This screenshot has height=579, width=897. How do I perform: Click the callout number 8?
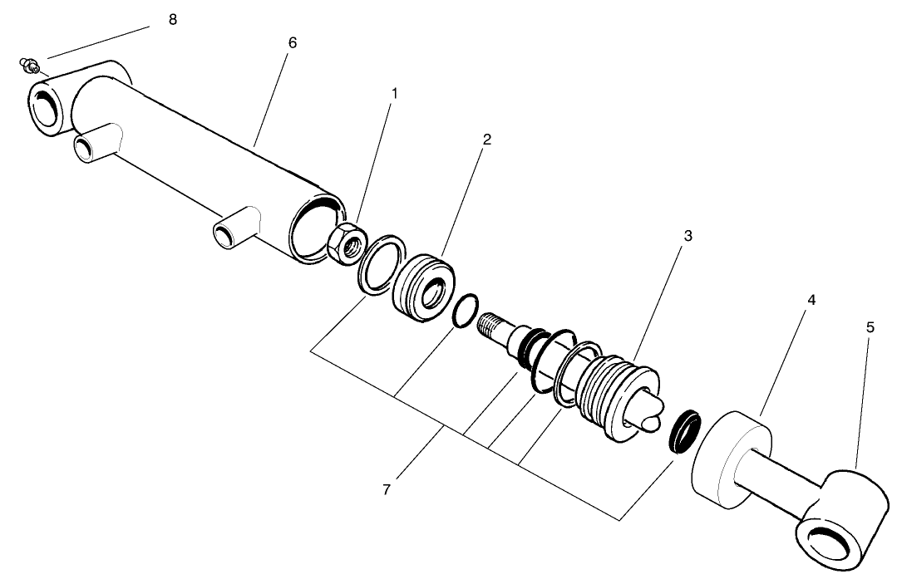(x=173, y=20)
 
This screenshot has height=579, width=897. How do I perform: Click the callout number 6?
(x=292, y=42)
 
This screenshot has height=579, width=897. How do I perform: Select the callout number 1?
(x=395, y=94)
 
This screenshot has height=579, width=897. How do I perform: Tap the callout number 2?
(x=486, y=140)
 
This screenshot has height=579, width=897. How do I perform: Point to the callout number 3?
(x=688, y=236)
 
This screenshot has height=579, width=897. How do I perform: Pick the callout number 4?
(x=811, y=299)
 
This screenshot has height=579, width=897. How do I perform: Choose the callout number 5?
(x=870, y=327)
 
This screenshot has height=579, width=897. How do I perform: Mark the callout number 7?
(x=387, y=490)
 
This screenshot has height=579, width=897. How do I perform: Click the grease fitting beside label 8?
(x=28, y=64)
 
